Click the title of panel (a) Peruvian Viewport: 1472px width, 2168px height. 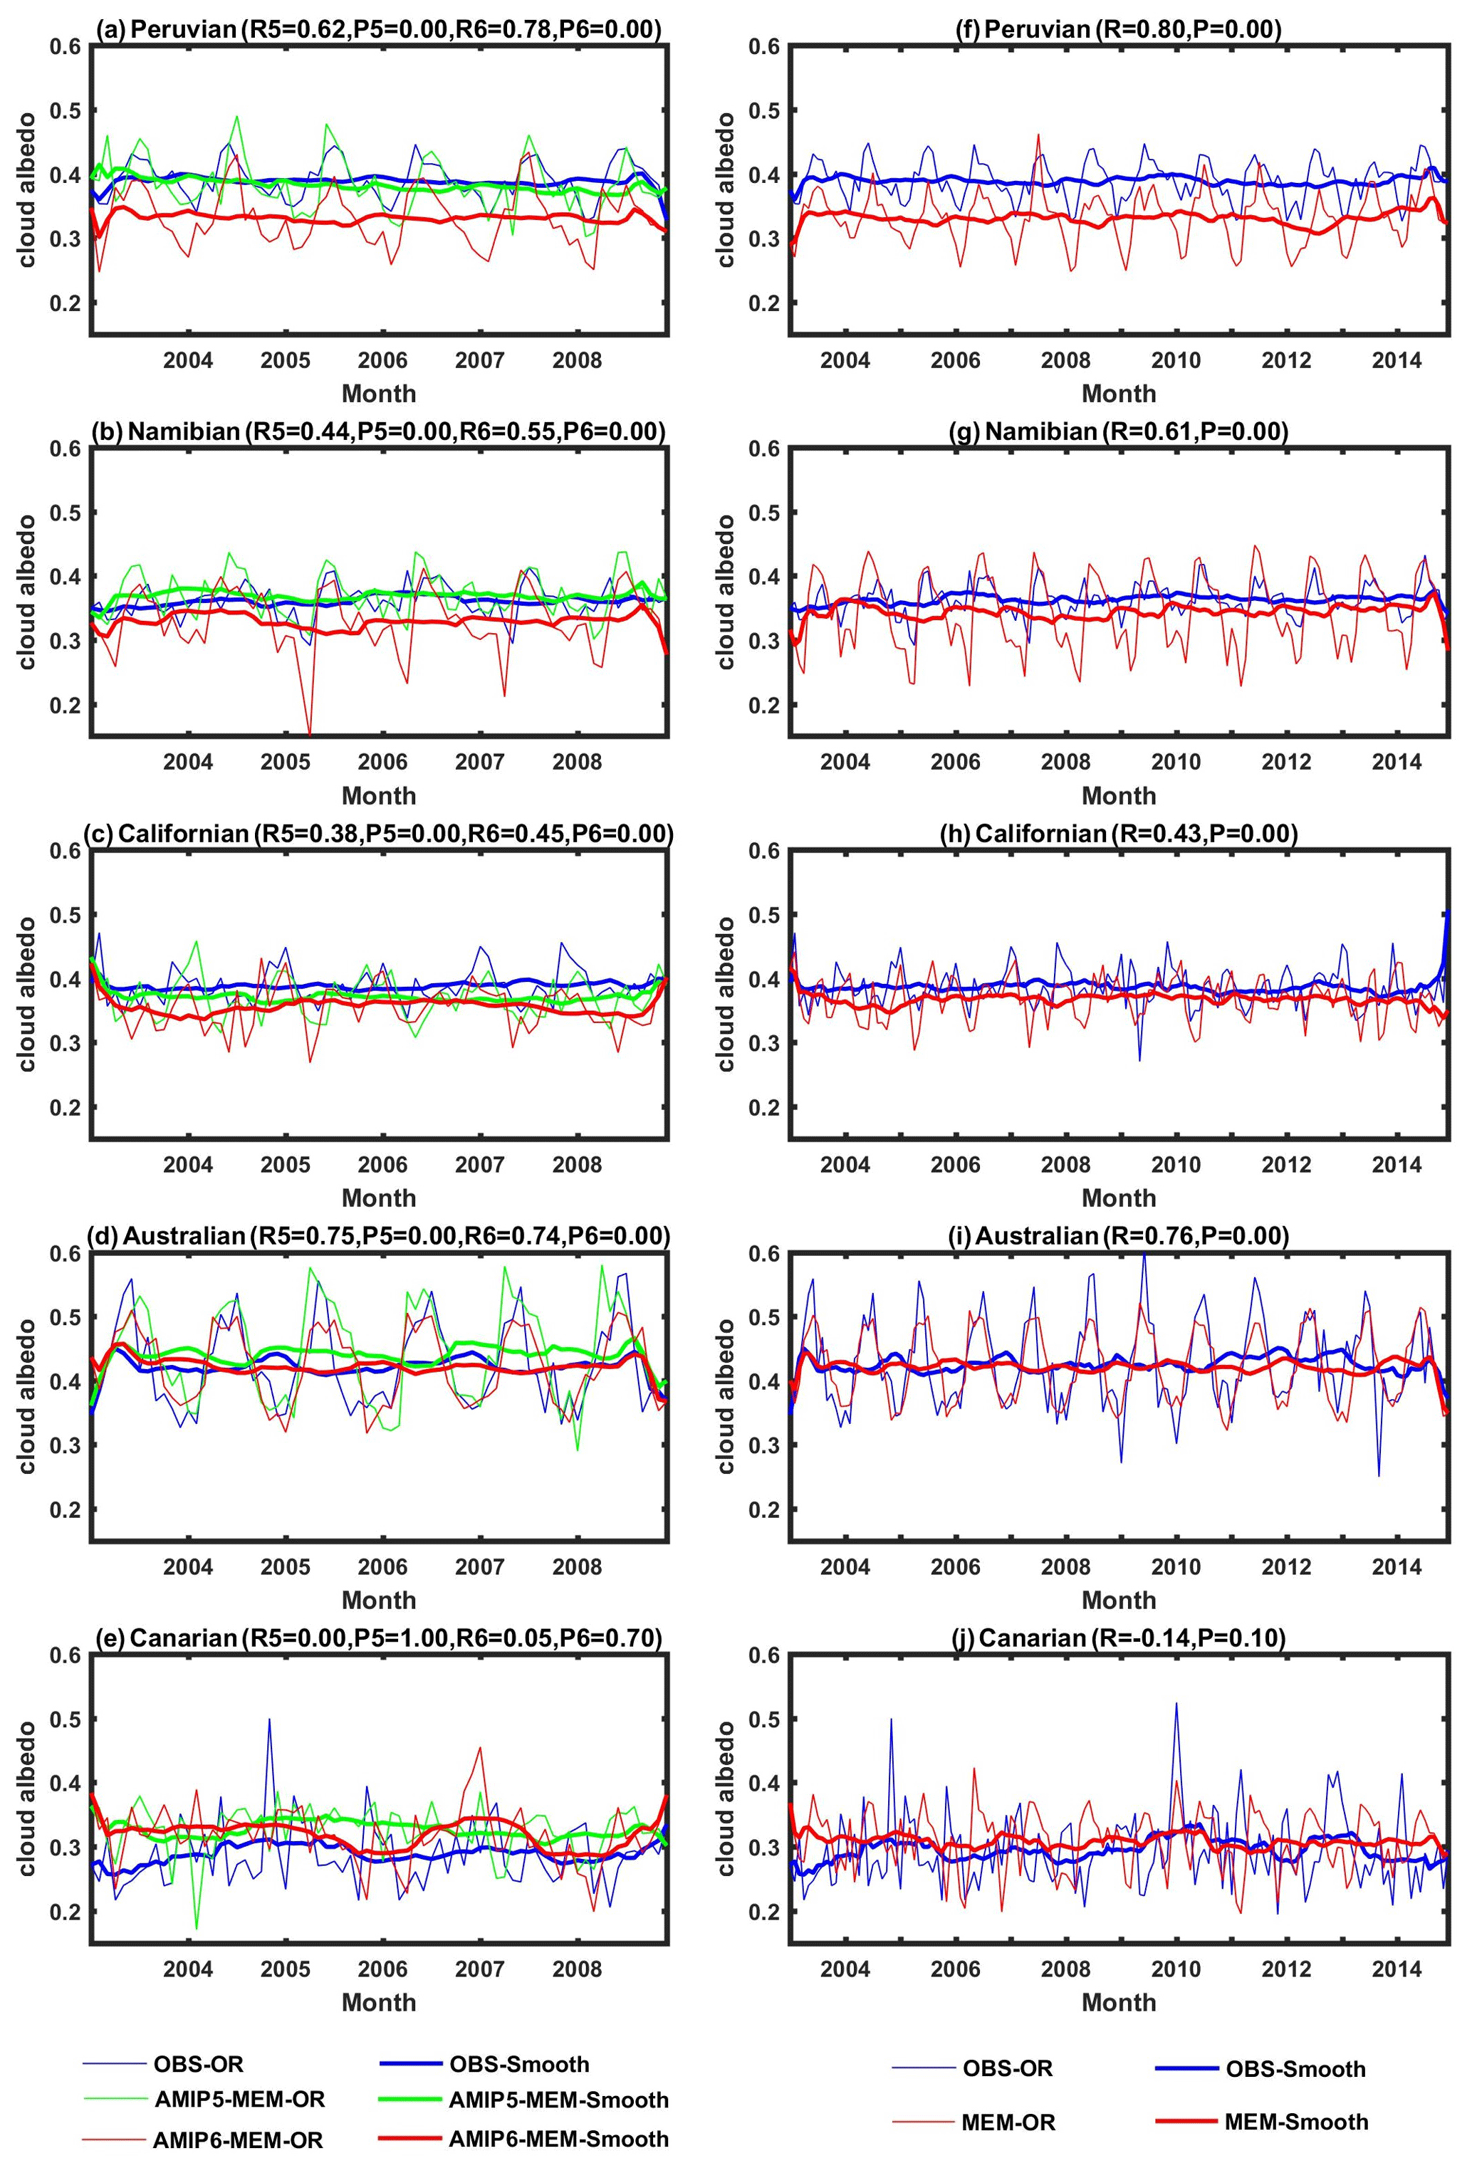[378, 29]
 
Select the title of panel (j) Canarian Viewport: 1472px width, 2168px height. [1119, 1638]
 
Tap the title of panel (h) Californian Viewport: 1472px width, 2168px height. [1119, 833]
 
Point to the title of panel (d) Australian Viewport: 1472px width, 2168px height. [378, 1236]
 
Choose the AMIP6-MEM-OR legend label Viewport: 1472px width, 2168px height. [238, 2140]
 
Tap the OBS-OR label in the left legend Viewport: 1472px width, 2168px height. [198, 2065]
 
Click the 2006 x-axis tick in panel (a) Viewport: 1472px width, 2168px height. [382, 360]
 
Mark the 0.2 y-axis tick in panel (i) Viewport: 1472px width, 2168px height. [764, 1509]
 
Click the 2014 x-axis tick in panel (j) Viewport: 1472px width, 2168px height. [1396, 1969]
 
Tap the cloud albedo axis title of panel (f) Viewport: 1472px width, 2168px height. [726, 190]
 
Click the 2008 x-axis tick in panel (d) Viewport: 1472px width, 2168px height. [577, 1566]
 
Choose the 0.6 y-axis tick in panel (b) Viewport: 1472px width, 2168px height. [66, 449]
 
